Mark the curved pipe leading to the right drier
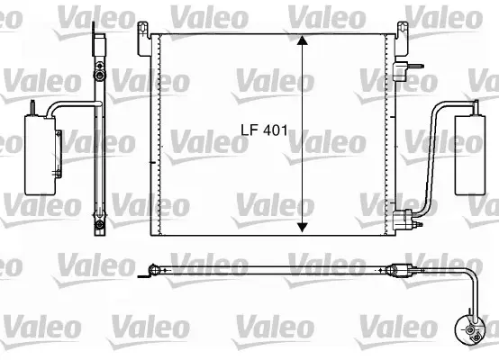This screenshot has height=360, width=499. pyautogui.click(x=436, y=135)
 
